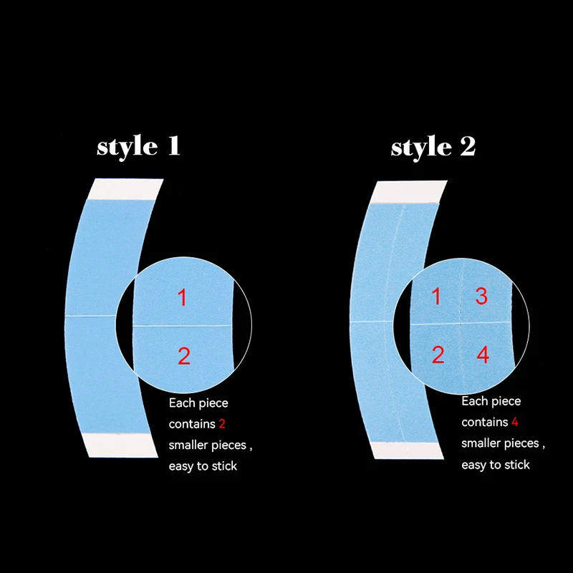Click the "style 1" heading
138,146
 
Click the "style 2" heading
433,147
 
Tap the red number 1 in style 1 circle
182,297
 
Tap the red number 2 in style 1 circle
184,355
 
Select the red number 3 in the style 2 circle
481,296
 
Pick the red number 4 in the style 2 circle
483,354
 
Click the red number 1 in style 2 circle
437,296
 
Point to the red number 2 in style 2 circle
438,354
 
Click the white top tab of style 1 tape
125,188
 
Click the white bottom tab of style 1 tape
120,445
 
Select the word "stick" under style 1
222,466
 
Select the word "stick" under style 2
515,465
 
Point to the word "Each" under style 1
182,403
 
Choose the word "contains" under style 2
483,422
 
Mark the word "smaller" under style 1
188,446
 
